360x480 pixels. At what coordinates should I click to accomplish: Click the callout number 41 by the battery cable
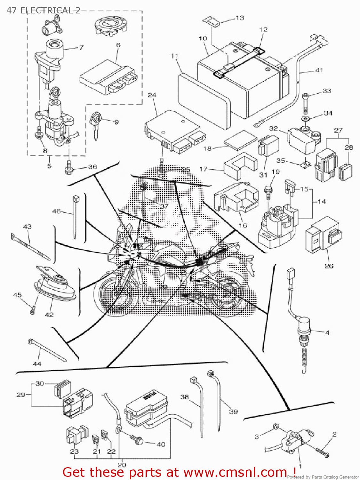[x=319, y=70]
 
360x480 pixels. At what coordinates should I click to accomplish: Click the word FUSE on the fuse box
[x=150, y=397]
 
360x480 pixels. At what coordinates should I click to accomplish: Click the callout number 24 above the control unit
[x=152, y=95]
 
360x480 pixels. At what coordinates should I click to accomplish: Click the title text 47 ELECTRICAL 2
[x=44, y=10]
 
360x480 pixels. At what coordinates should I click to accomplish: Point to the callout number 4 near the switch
[x=327, y=332]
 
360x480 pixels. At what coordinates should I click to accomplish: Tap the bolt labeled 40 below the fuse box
[x=137, y=440]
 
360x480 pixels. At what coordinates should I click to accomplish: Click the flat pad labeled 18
[x=240, y=140]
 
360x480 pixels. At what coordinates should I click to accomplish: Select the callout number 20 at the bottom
[x=122, y=465]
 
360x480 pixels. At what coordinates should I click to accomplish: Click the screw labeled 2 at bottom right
[x=322, y=452]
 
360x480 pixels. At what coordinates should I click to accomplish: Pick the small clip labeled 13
[x=212, y=21]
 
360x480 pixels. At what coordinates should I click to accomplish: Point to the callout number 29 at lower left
[x=20, y=395]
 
